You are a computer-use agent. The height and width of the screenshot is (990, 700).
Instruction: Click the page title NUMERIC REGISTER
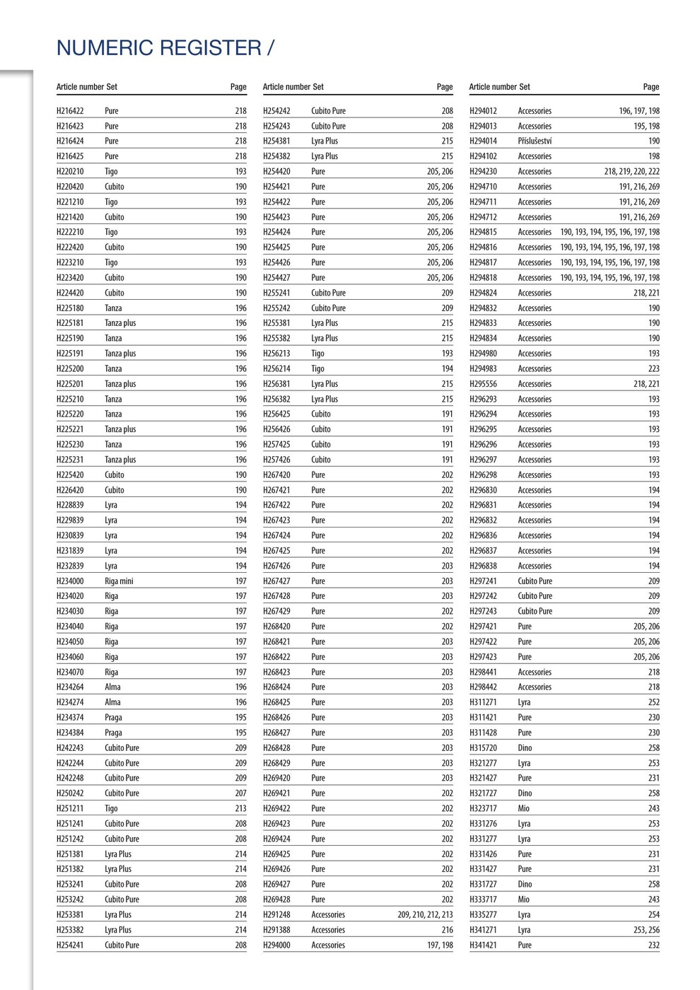[x=159, y=48]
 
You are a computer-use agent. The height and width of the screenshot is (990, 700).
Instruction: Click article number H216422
[x=70, y=111]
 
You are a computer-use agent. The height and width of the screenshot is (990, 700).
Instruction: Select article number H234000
[x=70, y=581]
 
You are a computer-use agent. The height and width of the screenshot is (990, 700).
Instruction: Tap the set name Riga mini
[x=119, y=581]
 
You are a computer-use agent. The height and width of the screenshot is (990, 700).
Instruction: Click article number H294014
[x=483, y=141]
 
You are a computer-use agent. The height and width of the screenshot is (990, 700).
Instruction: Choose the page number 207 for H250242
[x=240, y=793]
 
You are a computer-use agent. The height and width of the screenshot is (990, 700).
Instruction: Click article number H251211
[x=70, y=808]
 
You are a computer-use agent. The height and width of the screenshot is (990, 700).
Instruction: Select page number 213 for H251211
[x=240, y=808]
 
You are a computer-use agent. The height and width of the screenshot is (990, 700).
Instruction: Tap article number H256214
[x=276, y=368]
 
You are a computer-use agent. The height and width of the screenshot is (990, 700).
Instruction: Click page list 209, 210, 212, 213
[x=425, y=915]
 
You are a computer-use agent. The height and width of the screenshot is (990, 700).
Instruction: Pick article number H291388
[x=276, y=930]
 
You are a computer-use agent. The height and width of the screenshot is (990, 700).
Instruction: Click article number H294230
[x=483, y=171]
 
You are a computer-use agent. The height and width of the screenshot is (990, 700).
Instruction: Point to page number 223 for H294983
[x=653, y=368]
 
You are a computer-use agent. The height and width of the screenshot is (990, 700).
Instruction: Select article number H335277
[x=483, y=915]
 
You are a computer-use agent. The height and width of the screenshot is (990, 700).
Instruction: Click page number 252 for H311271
[x=653, y=702]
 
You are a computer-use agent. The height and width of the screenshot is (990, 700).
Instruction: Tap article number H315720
[x=483, y=748]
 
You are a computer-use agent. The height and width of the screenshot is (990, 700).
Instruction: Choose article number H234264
[x=70, y=687]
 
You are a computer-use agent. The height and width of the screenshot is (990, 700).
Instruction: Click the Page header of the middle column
[x=445, y=87]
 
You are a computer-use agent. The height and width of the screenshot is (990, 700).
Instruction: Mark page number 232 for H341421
[x=653, y=945]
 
